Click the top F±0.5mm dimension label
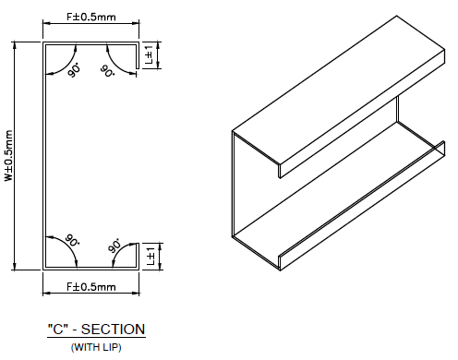tap(91, 17)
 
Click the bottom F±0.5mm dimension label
tap(91, 287)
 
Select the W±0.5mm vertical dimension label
tap(9, 156)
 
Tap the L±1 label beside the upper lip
tap(149, 54)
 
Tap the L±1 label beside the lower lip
tap(151, 256)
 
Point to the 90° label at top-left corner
tap(74, 70)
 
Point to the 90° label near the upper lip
tap(107, 71)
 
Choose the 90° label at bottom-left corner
tap(72, 240)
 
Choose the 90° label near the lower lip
tap(114, 245)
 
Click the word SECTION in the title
tap(113, 330)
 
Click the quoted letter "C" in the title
tap(58, 329)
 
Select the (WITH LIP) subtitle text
tap(96, 347)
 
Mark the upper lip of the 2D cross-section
tap(138, 55)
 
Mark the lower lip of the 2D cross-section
tap(138, 257)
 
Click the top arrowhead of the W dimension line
tap(14, 45)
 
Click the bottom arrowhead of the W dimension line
tap(14, 267)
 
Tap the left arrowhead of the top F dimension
tap(46, 22)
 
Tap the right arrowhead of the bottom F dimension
tap(136, 293)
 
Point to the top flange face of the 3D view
tap(339, 90)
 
